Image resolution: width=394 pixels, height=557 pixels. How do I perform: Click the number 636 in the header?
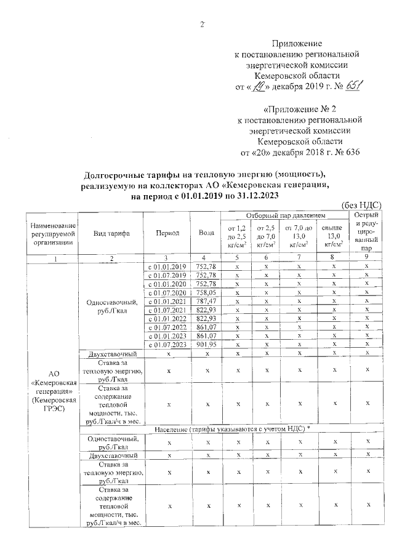[349, 151]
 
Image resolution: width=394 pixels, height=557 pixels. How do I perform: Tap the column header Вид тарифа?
[111, 233]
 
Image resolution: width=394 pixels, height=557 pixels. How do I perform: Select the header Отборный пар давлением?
[284, 215]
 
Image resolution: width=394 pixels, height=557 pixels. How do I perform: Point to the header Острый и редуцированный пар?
[367, 233]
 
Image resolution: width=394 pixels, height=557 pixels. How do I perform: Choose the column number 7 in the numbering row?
[299, 257]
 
